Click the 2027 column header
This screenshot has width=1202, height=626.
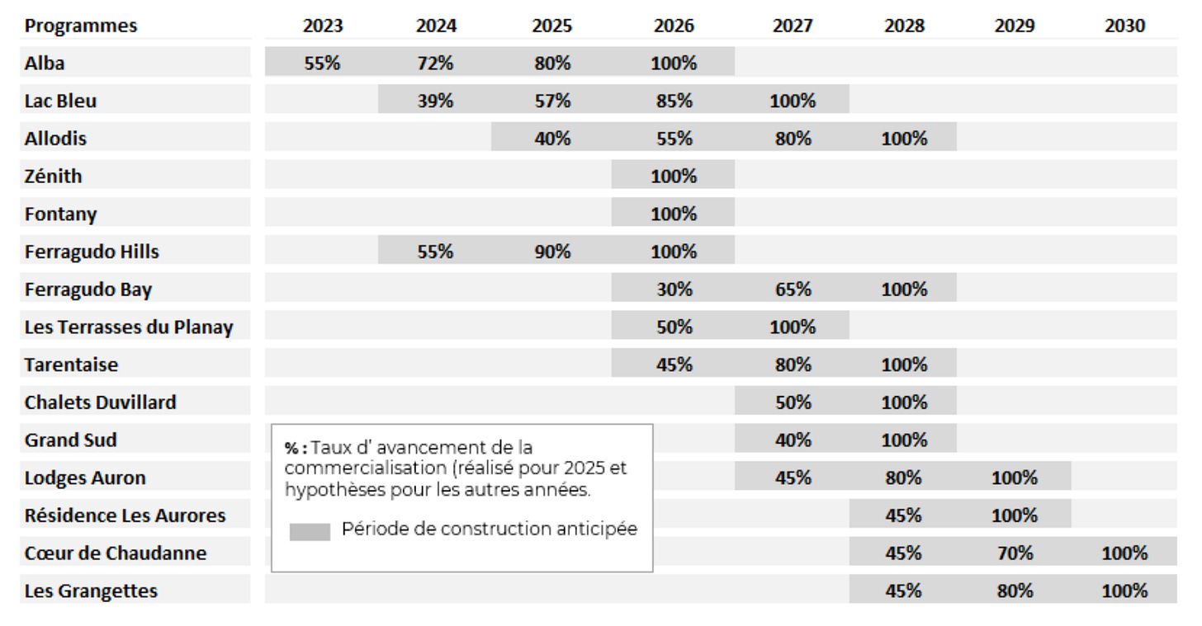793,26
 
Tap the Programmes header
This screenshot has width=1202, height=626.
81,26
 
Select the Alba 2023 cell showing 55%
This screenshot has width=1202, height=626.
322,64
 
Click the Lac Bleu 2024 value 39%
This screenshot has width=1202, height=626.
435,101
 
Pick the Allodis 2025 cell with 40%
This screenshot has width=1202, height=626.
552,139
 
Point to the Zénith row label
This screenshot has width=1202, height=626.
53,176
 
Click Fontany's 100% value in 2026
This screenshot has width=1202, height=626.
674,214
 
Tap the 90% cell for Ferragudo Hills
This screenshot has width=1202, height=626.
552,252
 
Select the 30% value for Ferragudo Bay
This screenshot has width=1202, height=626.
674,289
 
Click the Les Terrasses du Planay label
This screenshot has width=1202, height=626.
129,327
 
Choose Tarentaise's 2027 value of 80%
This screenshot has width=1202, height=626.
793,365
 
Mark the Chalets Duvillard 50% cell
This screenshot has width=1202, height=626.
793,402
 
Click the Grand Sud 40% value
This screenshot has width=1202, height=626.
793,440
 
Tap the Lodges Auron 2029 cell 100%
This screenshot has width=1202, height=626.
1015,478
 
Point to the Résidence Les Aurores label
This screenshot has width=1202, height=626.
125,515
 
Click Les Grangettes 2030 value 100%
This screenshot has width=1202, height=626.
1124,591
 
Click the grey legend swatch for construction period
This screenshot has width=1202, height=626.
310,532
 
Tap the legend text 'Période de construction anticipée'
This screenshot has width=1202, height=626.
490,529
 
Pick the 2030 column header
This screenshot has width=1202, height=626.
1124,26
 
